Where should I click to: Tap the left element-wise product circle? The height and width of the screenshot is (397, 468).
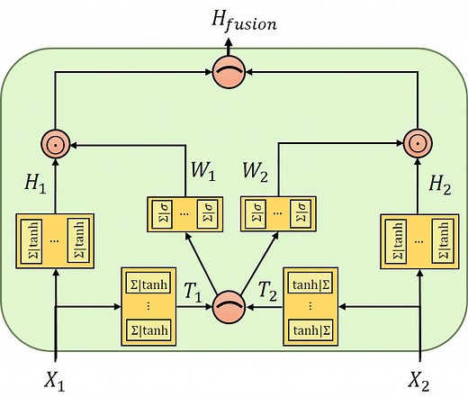[56, 142]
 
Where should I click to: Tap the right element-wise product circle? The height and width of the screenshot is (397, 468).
[416, 142]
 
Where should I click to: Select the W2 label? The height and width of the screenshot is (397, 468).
[261, 171]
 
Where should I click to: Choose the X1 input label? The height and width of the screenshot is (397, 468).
[56, 378]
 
